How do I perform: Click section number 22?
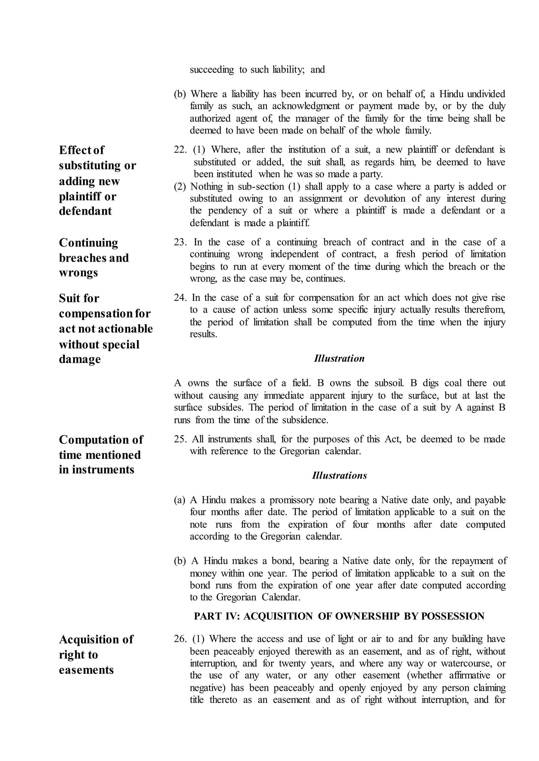(180, 150)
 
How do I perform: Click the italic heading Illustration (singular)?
(339, 359)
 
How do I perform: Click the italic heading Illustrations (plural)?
(339, 476)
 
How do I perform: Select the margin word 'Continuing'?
(88, 243)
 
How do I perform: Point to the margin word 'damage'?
(80, 359)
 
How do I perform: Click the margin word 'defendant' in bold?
(85, 211)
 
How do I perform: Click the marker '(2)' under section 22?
(180, 187)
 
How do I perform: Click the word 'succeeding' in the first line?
(212, 70)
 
